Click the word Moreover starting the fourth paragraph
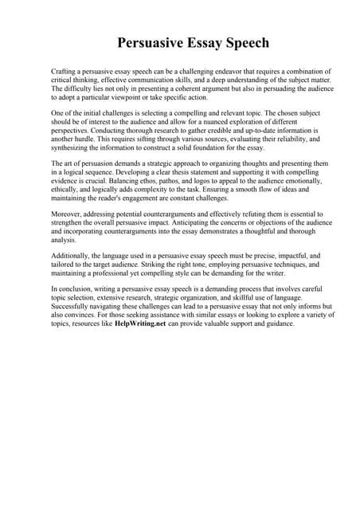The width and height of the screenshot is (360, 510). tap(68, 214)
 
